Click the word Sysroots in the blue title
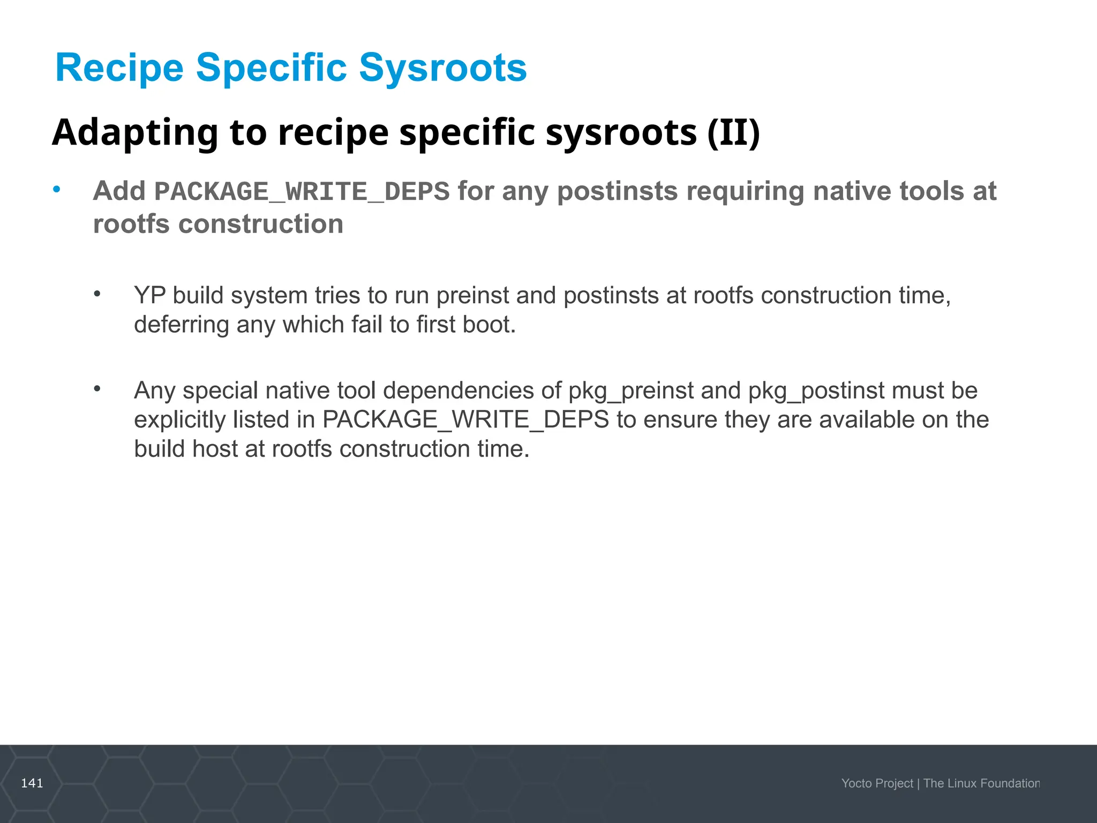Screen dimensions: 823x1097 [x=442, y=68]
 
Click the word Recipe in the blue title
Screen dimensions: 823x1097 [x=119, y=68]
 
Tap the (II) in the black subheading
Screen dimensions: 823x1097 [x=733, y=132]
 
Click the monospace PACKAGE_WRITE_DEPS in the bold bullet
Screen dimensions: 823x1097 [x=302, y=192]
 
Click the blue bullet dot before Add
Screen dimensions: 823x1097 [x=57, y=190]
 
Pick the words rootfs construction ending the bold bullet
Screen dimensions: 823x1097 [x=218, y=224]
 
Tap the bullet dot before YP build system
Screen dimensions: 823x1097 [x=97, y=294]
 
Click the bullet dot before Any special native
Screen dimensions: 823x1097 [x=97, y=388]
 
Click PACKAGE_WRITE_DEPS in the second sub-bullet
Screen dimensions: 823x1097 [x=465, y=420]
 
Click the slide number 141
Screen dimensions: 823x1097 [x=32, y=783]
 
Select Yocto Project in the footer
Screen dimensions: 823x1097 [x=877, y=783]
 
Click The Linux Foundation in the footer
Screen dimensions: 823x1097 [x=981, y=783]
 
